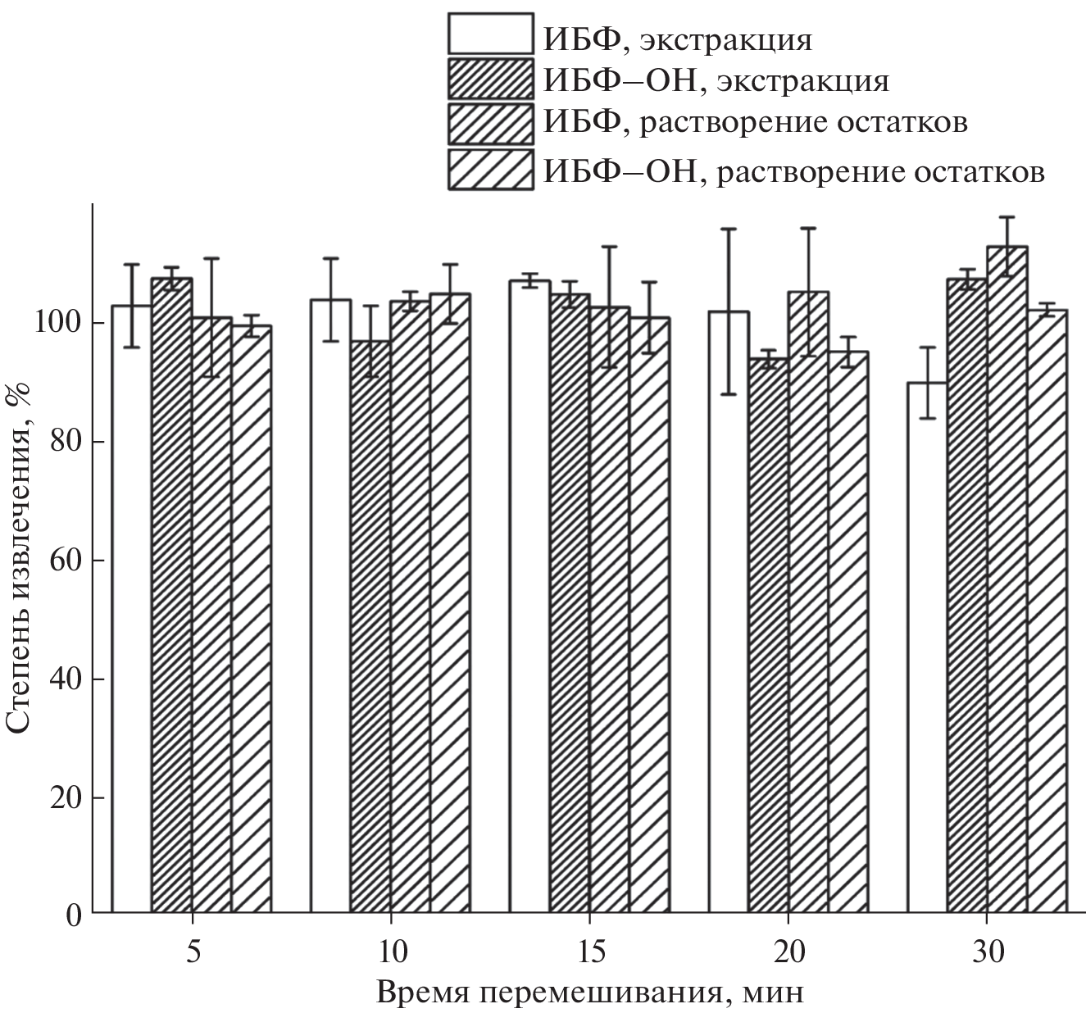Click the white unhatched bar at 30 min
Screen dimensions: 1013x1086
click(927, 647)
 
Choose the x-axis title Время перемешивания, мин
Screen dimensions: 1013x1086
click(590, 993)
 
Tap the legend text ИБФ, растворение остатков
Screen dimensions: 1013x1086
click(754, 122)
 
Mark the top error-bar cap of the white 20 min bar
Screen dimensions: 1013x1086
click(729, 229)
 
